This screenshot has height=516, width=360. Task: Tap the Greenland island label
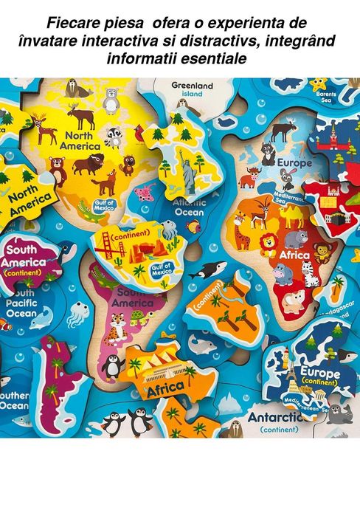[192, 89]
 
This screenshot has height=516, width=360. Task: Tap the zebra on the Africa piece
[310, 273]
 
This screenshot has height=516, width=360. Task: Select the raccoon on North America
[114, 136]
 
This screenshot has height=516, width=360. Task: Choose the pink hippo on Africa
[283, 272]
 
